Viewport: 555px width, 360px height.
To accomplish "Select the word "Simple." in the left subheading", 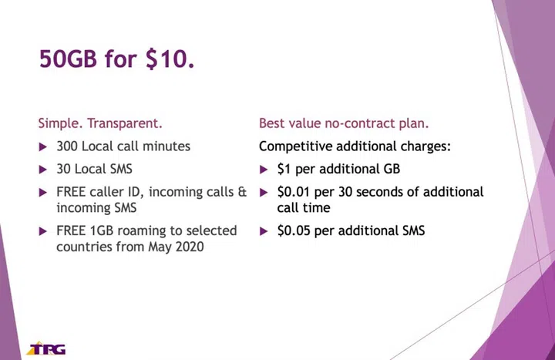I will click(x=60, y=123).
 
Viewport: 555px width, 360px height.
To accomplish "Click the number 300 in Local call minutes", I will click(x=67, y=146).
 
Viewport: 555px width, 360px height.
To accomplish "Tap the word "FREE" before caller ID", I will click(x=72, y=192).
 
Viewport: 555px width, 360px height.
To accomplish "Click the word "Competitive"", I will click(x=294, y=146).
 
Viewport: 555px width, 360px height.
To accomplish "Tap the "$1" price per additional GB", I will click(x=284, y=169).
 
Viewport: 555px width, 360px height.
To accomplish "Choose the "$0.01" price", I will click(x=295, y=192).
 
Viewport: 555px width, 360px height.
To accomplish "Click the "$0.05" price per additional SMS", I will click(x=295, y=230).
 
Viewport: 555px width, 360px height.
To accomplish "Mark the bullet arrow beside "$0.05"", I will click(x=263, y=230).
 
